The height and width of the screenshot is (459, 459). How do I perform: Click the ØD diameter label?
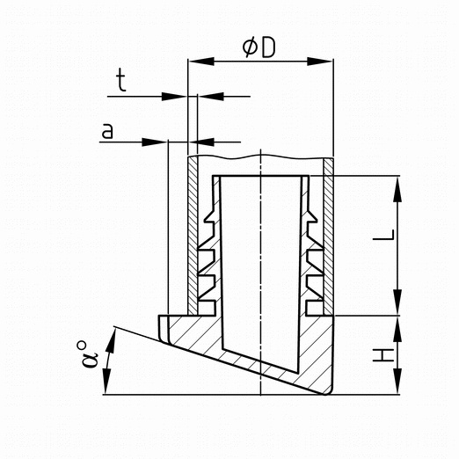tap(259, 48)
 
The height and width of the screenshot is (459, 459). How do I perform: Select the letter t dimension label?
tap(121, 80)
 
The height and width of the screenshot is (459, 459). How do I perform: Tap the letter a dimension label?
tap(107, 131)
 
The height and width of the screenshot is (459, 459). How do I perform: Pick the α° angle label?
tap(88, 354)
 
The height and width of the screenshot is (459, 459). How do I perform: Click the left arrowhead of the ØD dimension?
tap(201, 62)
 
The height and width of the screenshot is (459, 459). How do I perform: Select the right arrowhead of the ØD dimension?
tap(320, 62)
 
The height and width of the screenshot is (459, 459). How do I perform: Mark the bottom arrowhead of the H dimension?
tap(397, 382)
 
